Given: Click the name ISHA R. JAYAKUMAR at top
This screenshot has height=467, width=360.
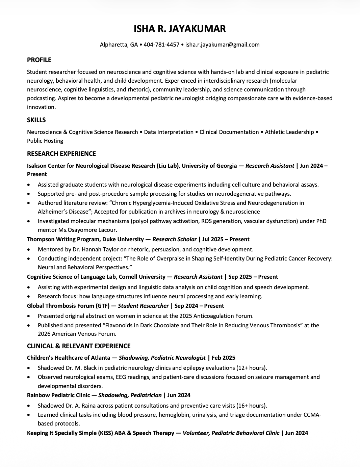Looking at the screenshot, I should (x=180, y=29).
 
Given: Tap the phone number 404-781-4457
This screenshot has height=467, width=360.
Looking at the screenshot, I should (x=161, y=45).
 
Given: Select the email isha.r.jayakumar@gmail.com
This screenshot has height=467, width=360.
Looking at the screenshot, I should (x=222, y=45).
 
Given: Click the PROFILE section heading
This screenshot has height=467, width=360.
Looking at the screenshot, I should (x=39, y=60).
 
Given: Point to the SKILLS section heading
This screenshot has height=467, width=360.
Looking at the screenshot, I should (x=36, y=120).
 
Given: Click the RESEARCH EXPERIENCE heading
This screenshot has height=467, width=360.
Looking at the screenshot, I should (x=61, y=154).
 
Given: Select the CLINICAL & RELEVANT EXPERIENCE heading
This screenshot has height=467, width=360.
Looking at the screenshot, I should (x=79, y=346).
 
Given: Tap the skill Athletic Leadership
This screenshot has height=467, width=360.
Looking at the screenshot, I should (x=289, y=132).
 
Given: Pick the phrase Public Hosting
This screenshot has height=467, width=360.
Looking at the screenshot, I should (x=45, y=141).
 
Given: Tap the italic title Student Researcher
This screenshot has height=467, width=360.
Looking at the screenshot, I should (x=143, y=306).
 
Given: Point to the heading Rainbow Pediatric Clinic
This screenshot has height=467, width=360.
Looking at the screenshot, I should (x=58, y=395).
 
